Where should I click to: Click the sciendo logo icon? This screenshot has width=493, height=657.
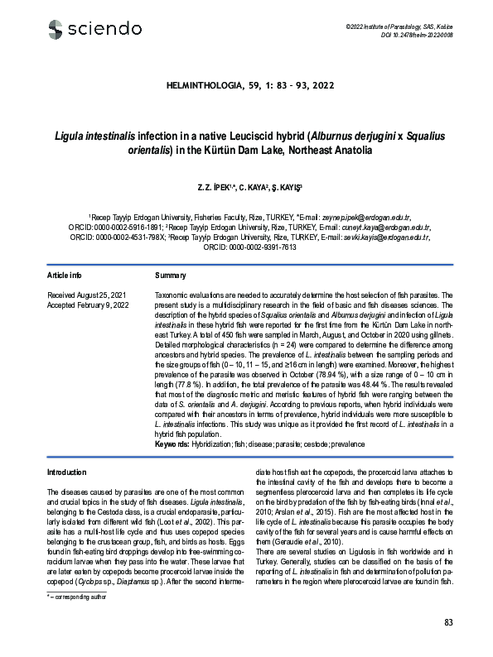pos(56,31)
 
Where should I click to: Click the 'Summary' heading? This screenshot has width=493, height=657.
pos(171,275)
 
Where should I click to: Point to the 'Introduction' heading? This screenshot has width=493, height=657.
pos(67,472)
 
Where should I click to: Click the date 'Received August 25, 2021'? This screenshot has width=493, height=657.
pos(88,295)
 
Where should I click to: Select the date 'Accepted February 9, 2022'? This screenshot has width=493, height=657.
pos(89,305)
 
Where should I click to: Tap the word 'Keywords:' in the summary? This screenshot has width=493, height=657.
pos(172,444)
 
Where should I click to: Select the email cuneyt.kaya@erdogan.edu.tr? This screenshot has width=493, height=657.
pos(384,226)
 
